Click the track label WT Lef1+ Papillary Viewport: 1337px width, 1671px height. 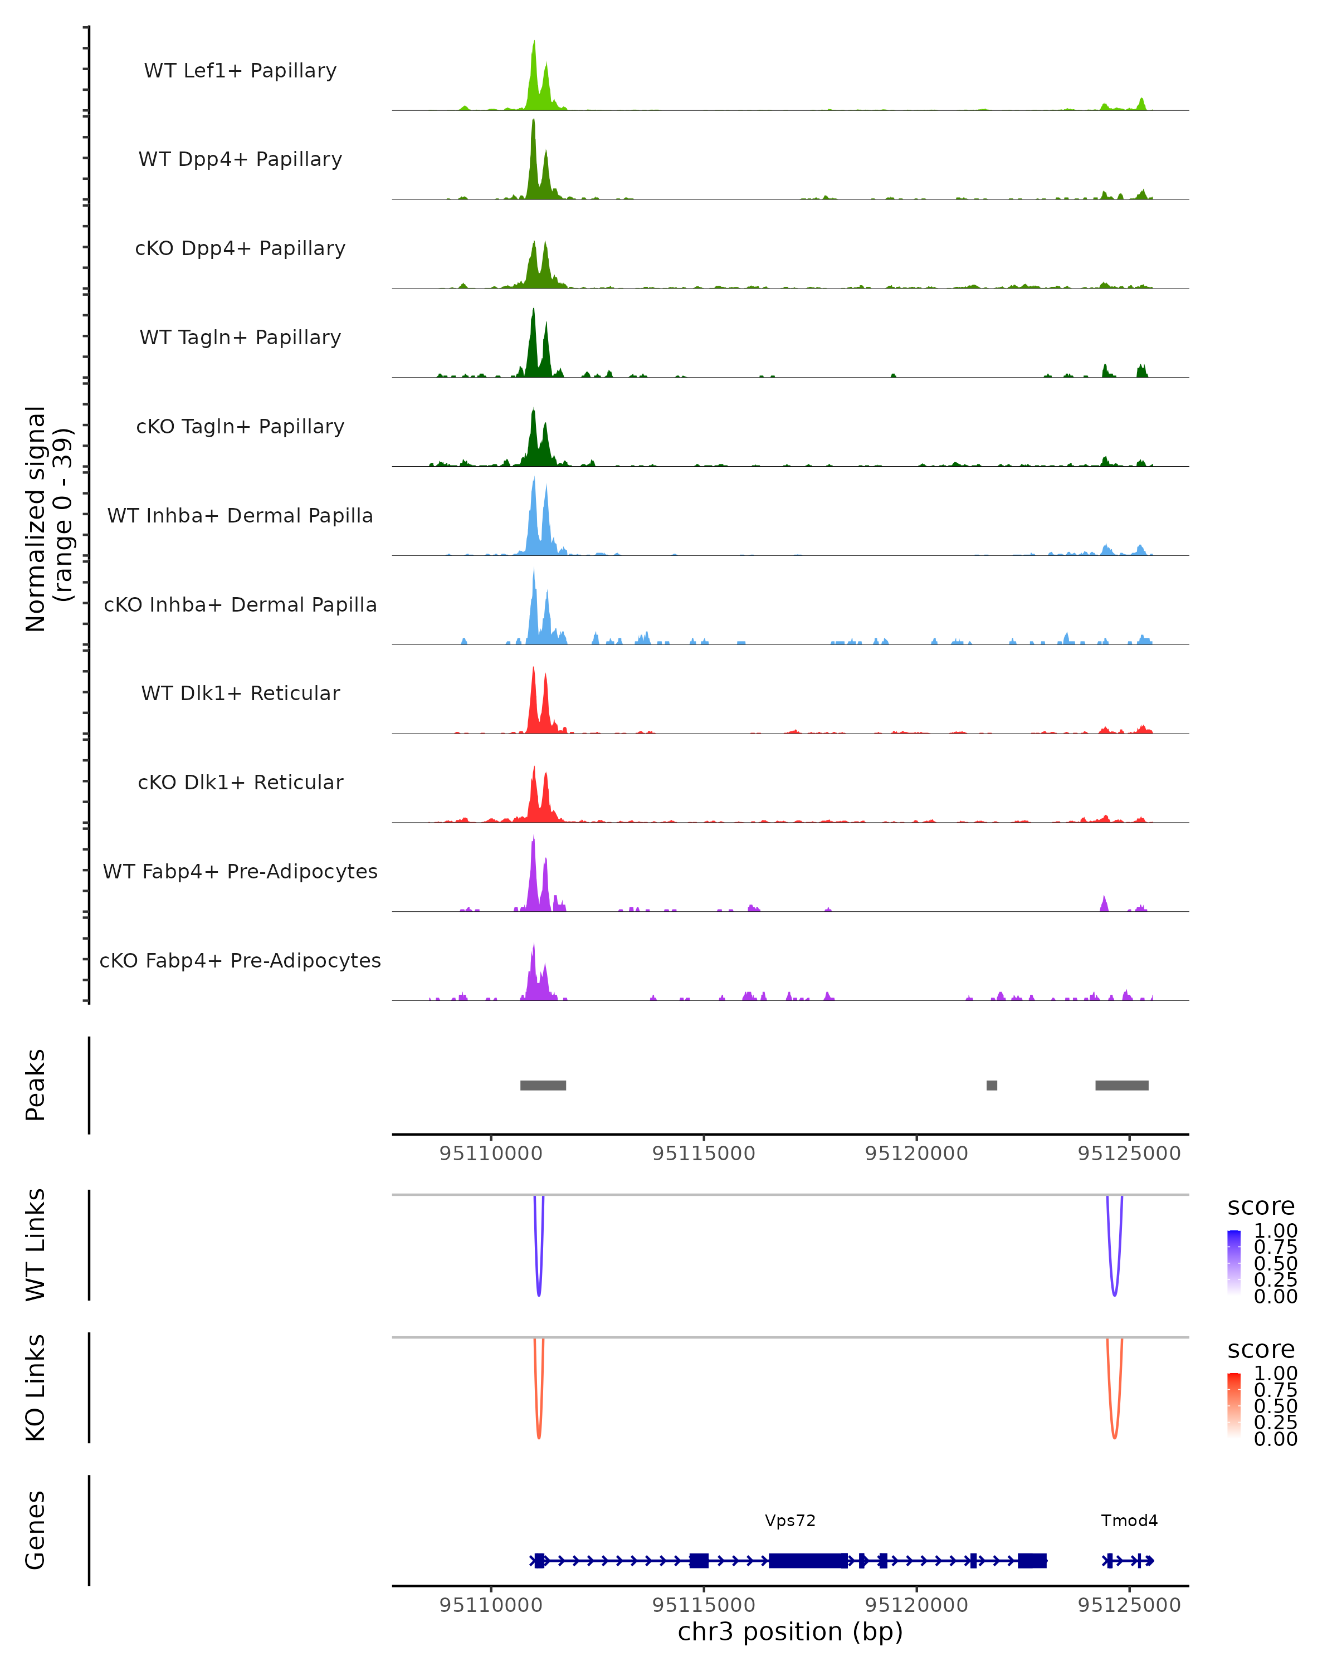pos(240,71)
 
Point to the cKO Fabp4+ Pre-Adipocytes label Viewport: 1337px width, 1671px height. pos(240,960)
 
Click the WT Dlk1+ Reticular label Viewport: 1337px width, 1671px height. pos(240,693)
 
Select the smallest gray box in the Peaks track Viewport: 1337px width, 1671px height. pos(991,1085)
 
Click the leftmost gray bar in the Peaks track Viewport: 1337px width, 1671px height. pos(543,1085)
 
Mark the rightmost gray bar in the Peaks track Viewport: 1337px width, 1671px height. pos(1121,1085)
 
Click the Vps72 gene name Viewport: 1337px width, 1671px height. pos(790,1521)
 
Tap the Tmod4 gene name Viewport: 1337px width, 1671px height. pos(1129,1521)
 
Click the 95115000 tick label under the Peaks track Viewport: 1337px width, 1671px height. pos(704,1154)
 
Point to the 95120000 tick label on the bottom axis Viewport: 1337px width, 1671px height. pos(916,1605)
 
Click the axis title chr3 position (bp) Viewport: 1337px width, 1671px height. pos(790,1632)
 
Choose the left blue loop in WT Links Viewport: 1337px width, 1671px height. pos(539,1287)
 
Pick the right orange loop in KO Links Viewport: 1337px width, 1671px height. pos(1115,1430)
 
